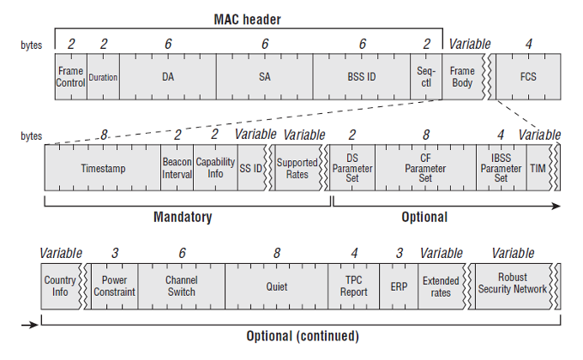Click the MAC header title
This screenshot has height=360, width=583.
click(247, 20)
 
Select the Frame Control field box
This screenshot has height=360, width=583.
click(71, 76)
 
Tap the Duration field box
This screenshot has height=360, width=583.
click(104, 76)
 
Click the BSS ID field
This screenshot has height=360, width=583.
click(362, 76)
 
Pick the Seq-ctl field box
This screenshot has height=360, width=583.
click(426, 76)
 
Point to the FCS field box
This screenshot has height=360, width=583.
click(528, 76)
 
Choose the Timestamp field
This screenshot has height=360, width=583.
click(103, 168)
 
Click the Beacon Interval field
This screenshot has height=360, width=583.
click(177, 168)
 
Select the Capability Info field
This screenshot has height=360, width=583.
click(216, 168)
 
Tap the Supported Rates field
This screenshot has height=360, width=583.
click(298, 168)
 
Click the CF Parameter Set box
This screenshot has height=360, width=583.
click(426, 168)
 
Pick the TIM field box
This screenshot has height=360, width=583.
click(538, 168)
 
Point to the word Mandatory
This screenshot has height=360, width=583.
click(183, 217)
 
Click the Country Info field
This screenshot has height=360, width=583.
click(60, 286)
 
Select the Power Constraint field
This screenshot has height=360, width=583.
click(115, 286)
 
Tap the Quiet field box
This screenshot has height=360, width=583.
click(277, 286)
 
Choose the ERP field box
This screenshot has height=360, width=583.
click(399, 286)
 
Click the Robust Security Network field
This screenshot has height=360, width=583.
click(513, 286)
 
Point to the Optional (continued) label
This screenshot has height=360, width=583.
click(303, 336)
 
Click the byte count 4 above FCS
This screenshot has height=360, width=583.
click(528, 44)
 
